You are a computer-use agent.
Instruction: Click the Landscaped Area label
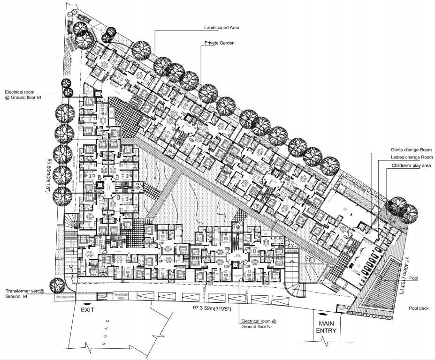(x=222, y=28)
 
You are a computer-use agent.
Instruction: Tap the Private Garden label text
(x=219, y=43)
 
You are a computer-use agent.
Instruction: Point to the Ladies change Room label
(x=412, y=157)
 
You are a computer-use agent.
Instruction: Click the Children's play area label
(x=412, y=166)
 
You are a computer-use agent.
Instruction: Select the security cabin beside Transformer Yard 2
(x=100, y=296)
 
